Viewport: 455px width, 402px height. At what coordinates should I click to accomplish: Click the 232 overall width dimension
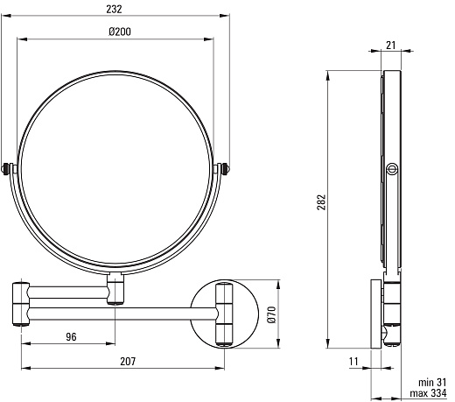pos(114,10)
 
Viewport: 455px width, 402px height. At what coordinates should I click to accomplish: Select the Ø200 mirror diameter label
pos(120,32)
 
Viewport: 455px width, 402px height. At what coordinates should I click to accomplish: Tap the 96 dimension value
pos(71,337)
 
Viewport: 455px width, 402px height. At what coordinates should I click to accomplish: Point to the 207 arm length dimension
pos(128,362)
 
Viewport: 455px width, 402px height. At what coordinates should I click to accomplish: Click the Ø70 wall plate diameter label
pos(271,314)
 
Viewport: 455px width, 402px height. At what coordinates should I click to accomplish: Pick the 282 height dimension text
pos(321,202)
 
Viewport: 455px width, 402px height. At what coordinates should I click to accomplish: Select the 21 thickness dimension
pos(391,46)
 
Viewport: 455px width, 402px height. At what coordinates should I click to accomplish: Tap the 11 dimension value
pos(353,362)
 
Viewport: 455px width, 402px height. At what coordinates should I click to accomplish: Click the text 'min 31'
pos(432,382)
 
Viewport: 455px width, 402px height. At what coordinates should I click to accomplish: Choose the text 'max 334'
pos(428,393)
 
